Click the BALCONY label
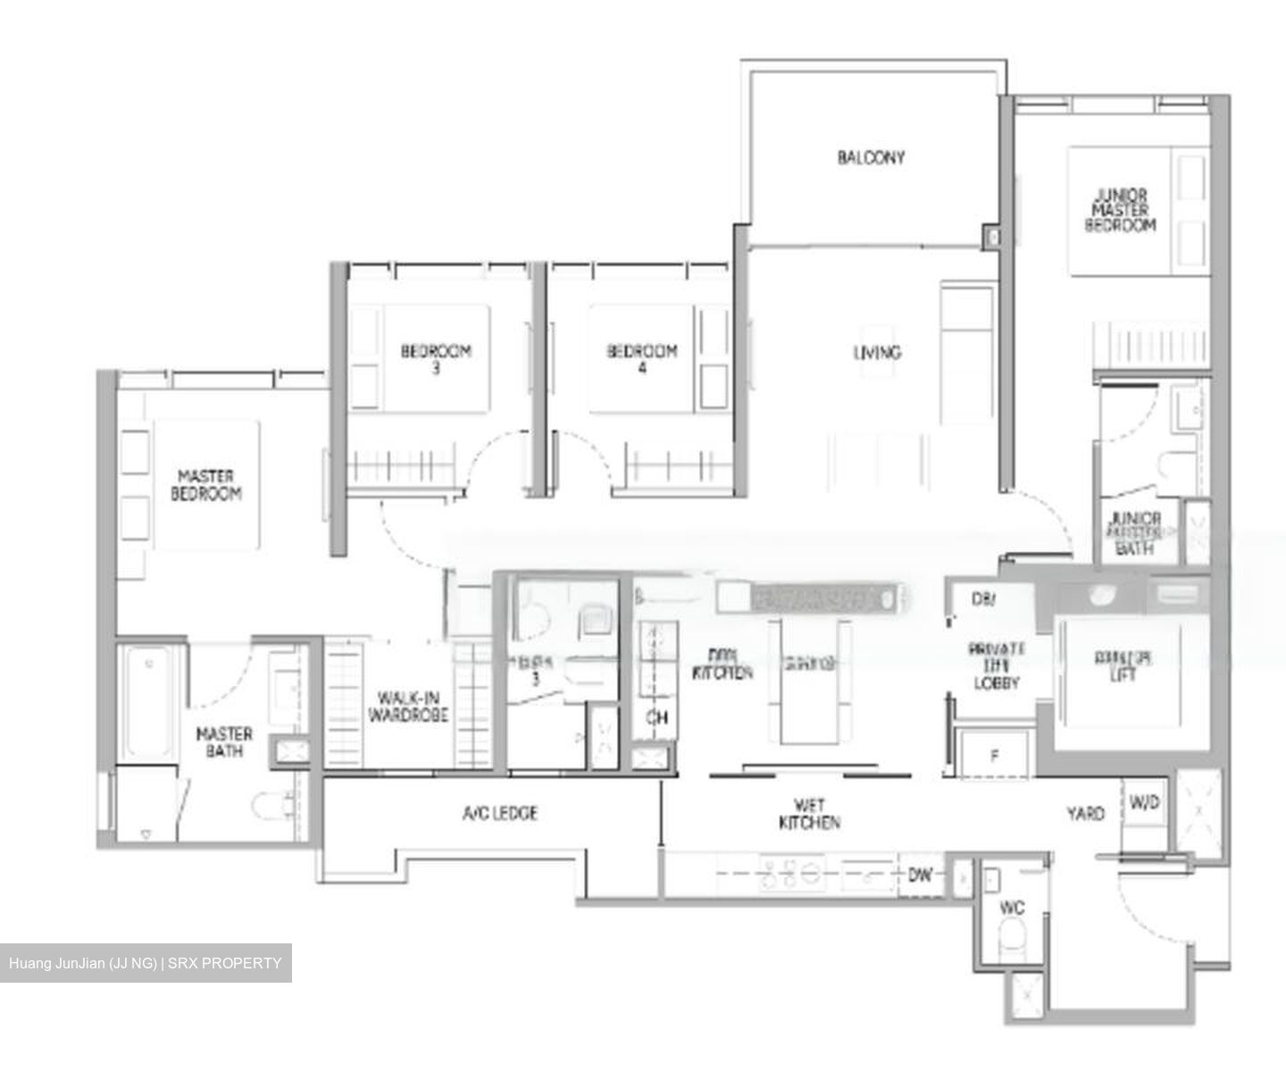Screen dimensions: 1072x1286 coord(871,157)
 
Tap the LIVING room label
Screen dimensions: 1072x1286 coord(876,352)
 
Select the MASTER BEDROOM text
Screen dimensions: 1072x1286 coord(206,485)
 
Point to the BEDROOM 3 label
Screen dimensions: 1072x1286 coord(435,358)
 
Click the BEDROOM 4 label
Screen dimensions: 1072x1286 coord(641,358)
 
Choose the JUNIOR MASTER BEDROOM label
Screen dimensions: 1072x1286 coord(1121,210)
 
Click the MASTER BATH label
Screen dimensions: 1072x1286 coord(224,742)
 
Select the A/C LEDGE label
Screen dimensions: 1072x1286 coord(500,813)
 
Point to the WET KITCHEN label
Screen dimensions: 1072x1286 coord(809,814)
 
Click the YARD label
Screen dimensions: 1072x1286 coord(1085,813)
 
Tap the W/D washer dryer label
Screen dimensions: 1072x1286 coord(1144,802)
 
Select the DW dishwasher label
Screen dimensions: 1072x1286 coord(920,875)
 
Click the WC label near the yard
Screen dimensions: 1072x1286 coord(1012,908)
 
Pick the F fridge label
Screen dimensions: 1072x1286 coord(994,757)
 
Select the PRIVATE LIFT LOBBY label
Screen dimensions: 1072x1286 coord(996,666)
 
